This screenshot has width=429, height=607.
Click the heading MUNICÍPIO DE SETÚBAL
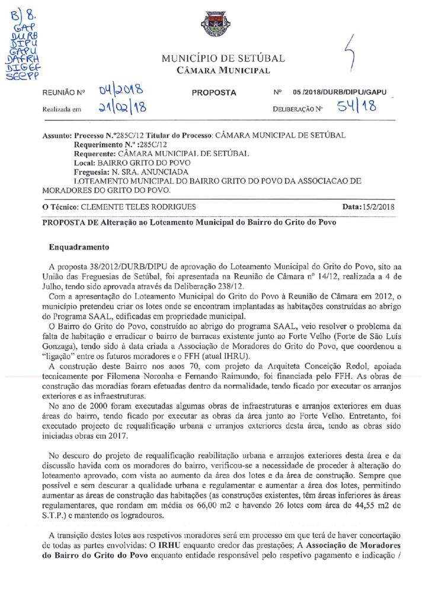[223, 59]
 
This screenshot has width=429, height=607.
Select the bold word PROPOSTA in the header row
[214, 92]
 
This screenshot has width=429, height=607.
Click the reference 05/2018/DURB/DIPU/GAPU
[339, 92]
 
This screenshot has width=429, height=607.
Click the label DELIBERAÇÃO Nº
[297, 109]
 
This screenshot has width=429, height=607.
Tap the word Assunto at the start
[57, 135]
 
